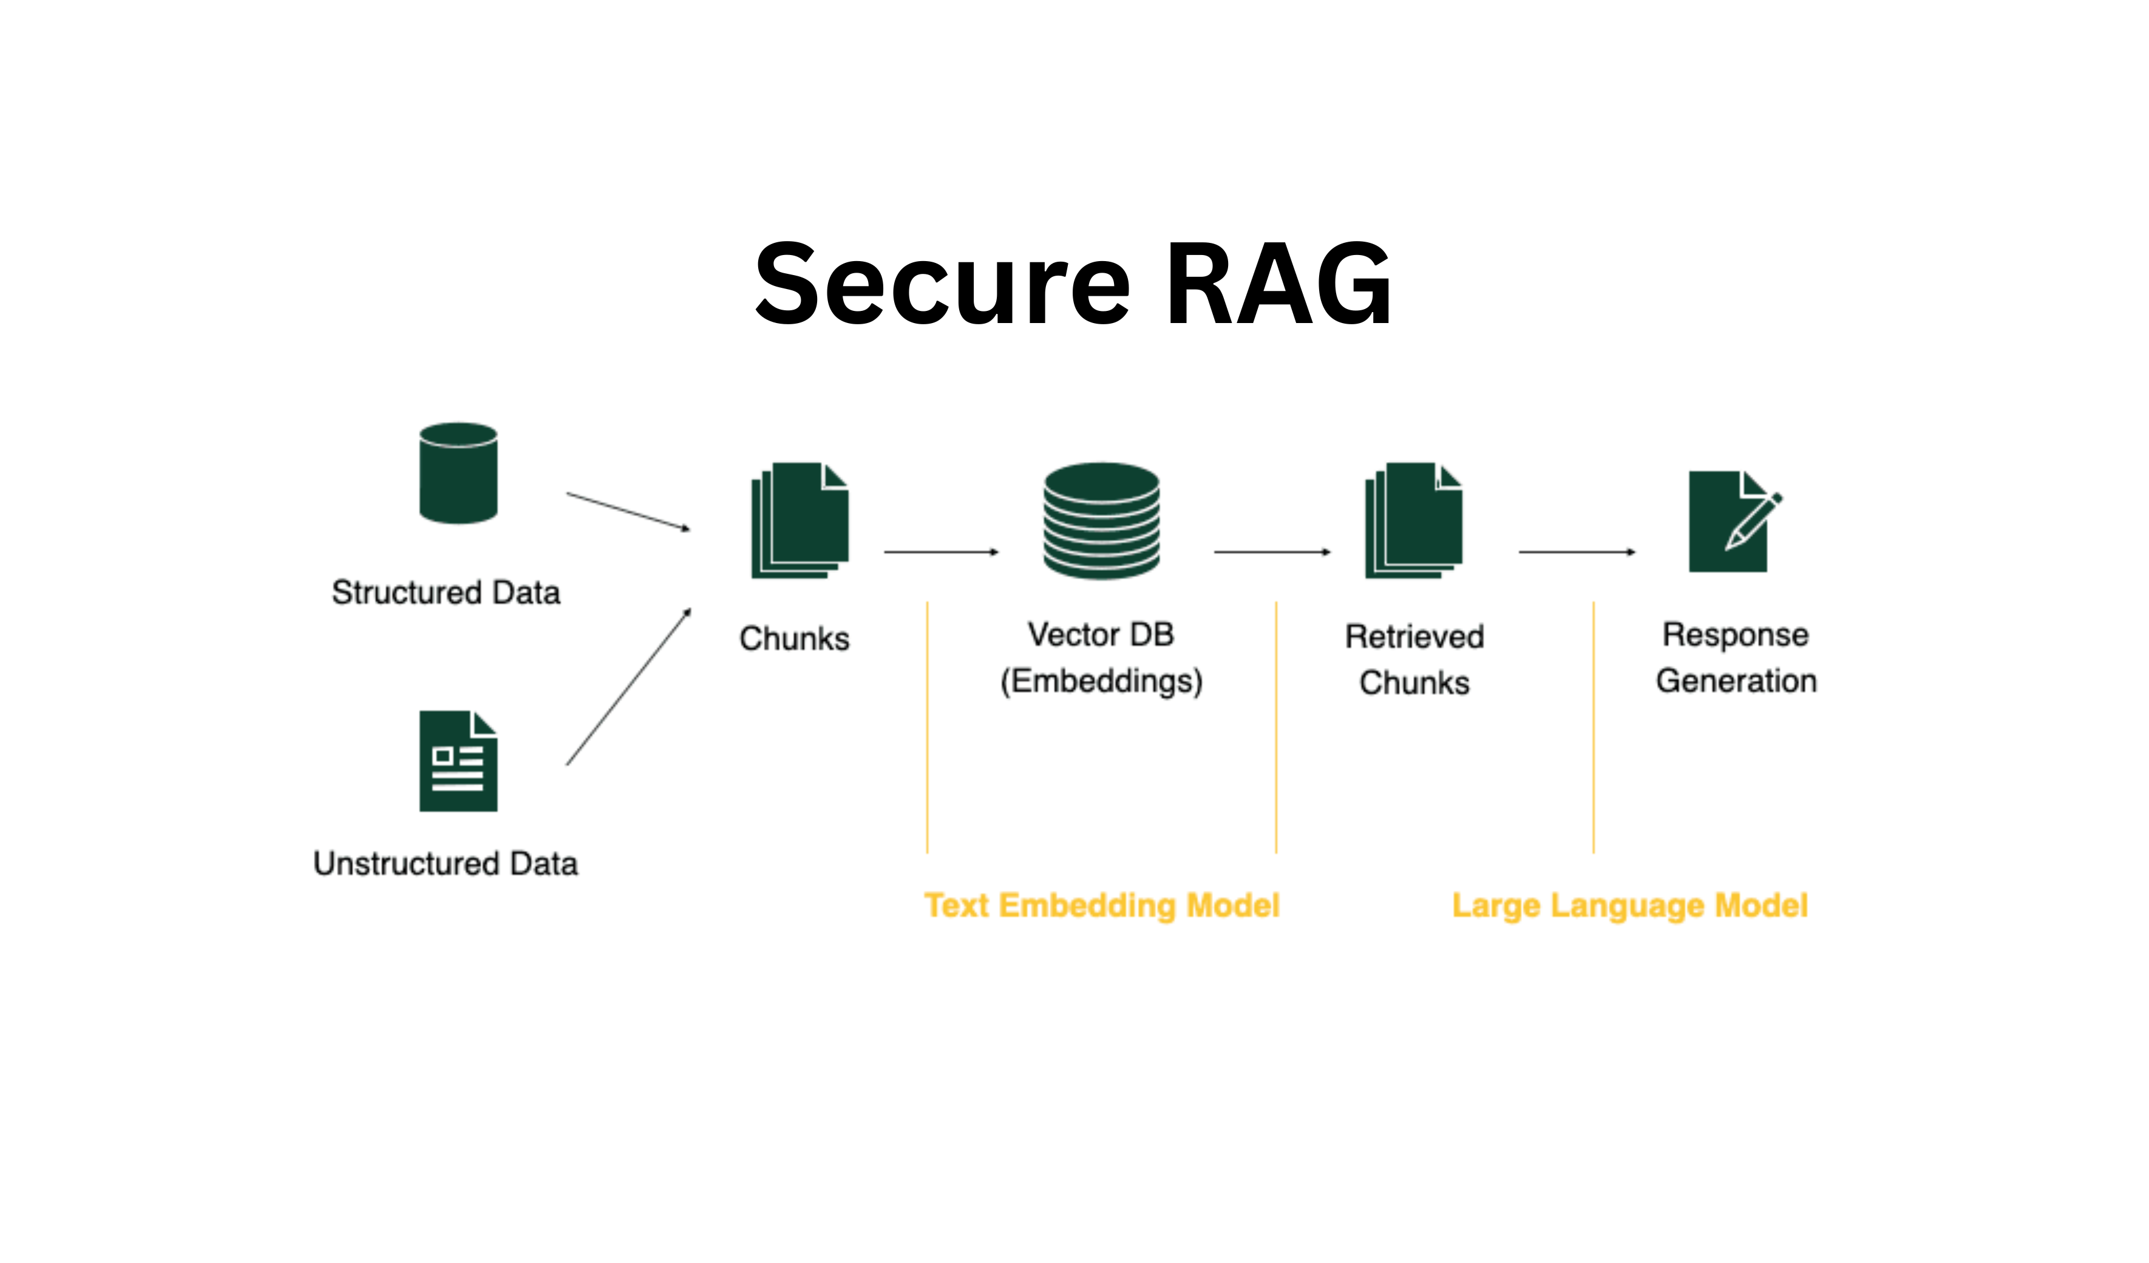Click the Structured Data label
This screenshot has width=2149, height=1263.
(446, 592)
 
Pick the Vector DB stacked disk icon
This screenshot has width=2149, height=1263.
(1101, 520)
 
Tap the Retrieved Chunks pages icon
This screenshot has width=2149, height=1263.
(1413, 520)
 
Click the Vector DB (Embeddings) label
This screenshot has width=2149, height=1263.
(1101, 658)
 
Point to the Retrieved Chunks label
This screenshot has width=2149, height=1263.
(1414, 659)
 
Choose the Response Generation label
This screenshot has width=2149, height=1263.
(1736, 658)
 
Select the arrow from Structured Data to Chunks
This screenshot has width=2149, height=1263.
(628, 511)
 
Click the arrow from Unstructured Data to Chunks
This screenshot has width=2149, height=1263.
(628, 687)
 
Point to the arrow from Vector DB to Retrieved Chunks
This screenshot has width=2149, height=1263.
(1271, 552)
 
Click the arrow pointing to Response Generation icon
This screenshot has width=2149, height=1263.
(1576, 552)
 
